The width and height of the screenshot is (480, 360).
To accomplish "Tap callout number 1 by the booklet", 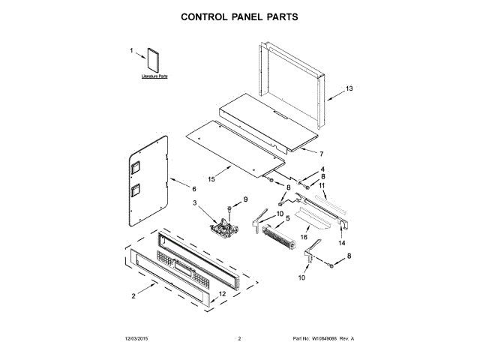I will [x=132, y=51].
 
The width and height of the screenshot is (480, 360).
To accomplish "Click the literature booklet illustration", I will [x=154, y=61].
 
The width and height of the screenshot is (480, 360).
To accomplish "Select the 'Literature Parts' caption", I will [x=154, y=77].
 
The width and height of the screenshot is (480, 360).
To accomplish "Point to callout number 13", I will [x=348, y=89].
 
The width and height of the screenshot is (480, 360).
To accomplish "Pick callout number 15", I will [x=211, y=178].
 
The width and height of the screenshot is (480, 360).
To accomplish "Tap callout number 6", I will [x=193, y=189].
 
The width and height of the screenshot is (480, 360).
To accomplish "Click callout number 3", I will [x=194, y=203].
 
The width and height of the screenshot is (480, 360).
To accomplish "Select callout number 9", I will [x=244, y=199].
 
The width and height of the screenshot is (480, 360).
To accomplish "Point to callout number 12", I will [x=222, y=293].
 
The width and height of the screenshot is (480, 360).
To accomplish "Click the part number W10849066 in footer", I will [x=321, y=339].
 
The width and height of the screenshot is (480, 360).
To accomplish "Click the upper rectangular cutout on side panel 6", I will [x=136, y=169].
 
